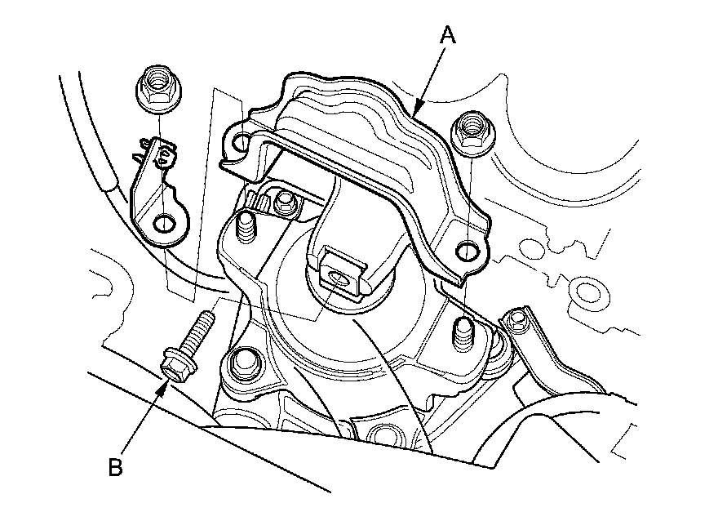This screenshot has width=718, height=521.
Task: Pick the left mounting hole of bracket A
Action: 241,145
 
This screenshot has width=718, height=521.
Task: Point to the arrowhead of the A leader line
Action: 417,109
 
